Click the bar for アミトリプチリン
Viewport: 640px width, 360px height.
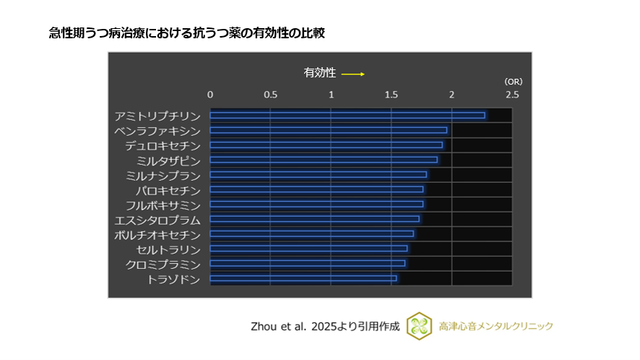(347, 115)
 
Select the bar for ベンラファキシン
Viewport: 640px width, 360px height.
(329, 130)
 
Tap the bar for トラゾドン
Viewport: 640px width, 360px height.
(303, 278)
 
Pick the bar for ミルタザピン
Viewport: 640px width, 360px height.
(324, 160)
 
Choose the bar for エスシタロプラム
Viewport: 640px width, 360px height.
(314, 219)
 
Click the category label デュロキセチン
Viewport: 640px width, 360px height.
(163, 145)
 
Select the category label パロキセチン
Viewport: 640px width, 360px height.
(168, 190)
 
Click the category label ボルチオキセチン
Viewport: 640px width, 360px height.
(157, 234)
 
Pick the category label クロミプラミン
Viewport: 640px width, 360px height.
(163, 264)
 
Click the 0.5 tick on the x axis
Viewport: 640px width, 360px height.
(271, 95)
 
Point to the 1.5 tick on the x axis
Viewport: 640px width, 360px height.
(392, 95)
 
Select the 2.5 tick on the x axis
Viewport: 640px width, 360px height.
(512, 95)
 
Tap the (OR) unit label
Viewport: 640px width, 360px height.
(513, 82)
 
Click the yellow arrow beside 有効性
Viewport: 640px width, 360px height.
(353, 74)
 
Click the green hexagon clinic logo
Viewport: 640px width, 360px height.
(419, 326)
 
